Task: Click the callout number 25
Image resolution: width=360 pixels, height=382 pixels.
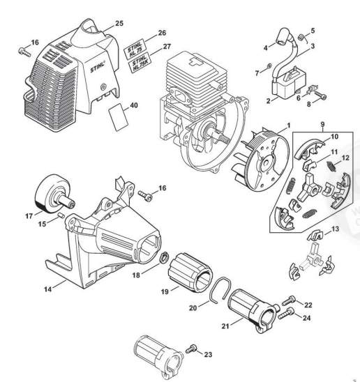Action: click(119, 24)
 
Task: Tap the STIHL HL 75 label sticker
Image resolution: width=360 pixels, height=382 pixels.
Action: click(135, 50)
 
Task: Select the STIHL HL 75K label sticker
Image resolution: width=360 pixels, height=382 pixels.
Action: click(140, 63)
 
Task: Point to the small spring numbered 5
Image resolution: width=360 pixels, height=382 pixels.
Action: click(301, 38)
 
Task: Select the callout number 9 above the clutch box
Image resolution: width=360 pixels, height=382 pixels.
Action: click(322, 125)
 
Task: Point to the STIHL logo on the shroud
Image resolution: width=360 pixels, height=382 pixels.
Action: click(98, 67)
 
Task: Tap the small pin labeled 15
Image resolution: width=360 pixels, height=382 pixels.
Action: click(61, 215)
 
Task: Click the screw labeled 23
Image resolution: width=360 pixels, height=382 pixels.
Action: click(191, 349)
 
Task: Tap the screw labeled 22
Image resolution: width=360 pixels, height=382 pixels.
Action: click(289, 300)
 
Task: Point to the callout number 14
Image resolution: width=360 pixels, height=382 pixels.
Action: click(48, 289)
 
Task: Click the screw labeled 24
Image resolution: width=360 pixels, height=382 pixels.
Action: click(286, 313)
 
